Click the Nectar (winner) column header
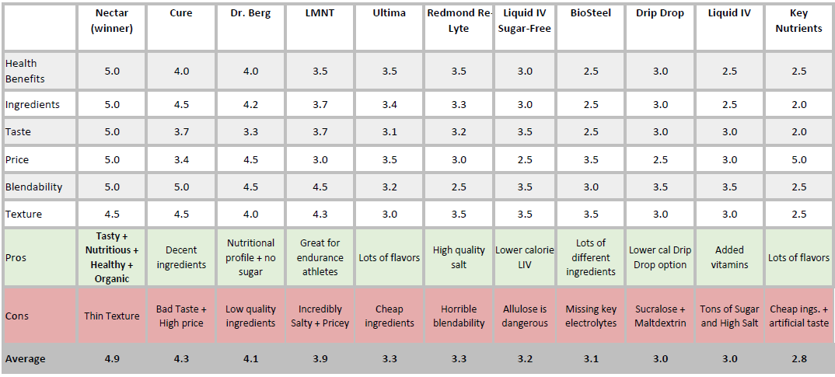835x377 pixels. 112,21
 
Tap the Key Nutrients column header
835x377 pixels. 798,21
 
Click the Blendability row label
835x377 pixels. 33,187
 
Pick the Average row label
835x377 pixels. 25,358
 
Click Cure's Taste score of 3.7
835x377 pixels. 181,132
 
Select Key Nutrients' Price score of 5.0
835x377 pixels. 799,160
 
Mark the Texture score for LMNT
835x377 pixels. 320,215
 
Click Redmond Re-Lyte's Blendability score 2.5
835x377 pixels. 458,187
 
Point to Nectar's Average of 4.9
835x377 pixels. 112,358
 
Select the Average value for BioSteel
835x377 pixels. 590,358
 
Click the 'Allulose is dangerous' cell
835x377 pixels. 525,316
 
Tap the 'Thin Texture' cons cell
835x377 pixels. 112,316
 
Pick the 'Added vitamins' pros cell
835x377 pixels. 729,257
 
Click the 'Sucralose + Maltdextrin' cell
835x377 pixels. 659,316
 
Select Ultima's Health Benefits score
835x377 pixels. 390,71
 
